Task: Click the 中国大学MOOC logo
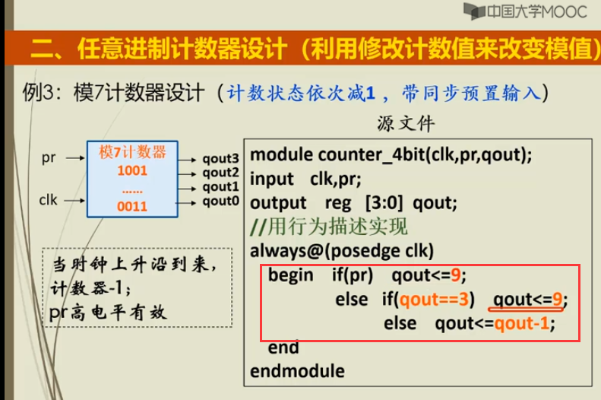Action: click(x=525, y=11)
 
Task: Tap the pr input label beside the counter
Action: click(x=49, y=158)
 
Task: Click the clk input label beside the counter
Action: click(x=48, y=200)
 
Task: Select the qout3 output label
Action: click(x=220, y=159)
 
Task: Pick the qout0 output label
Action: click(x=220, y=201)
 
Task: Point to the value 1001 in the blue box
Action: click(x=132, y=170)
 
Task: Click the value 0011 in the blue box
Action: click(x=132, y=206)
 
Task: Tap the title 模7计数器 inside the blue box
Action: click(x=132, y=152)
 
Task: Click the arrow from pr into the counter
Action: click(x=75, y=158)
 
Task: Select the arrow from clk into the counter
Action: click(x=74, y=201)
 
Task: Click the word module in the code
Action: click(x=281, y=154)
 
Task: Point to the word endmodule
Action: click(x=297, y=371)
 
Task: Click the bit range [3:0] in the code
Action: click(x=384, y=202)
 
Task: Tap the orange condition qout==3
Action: click(x=434, y=299)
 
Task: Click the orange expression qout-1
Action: click(x=522, y=323)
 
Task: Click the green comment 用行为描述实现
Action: click(x=337, y=227)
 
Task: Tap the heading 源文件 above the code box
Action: click(x=406, y=123)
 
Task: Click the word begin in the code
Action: click(x=290, y=275)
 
